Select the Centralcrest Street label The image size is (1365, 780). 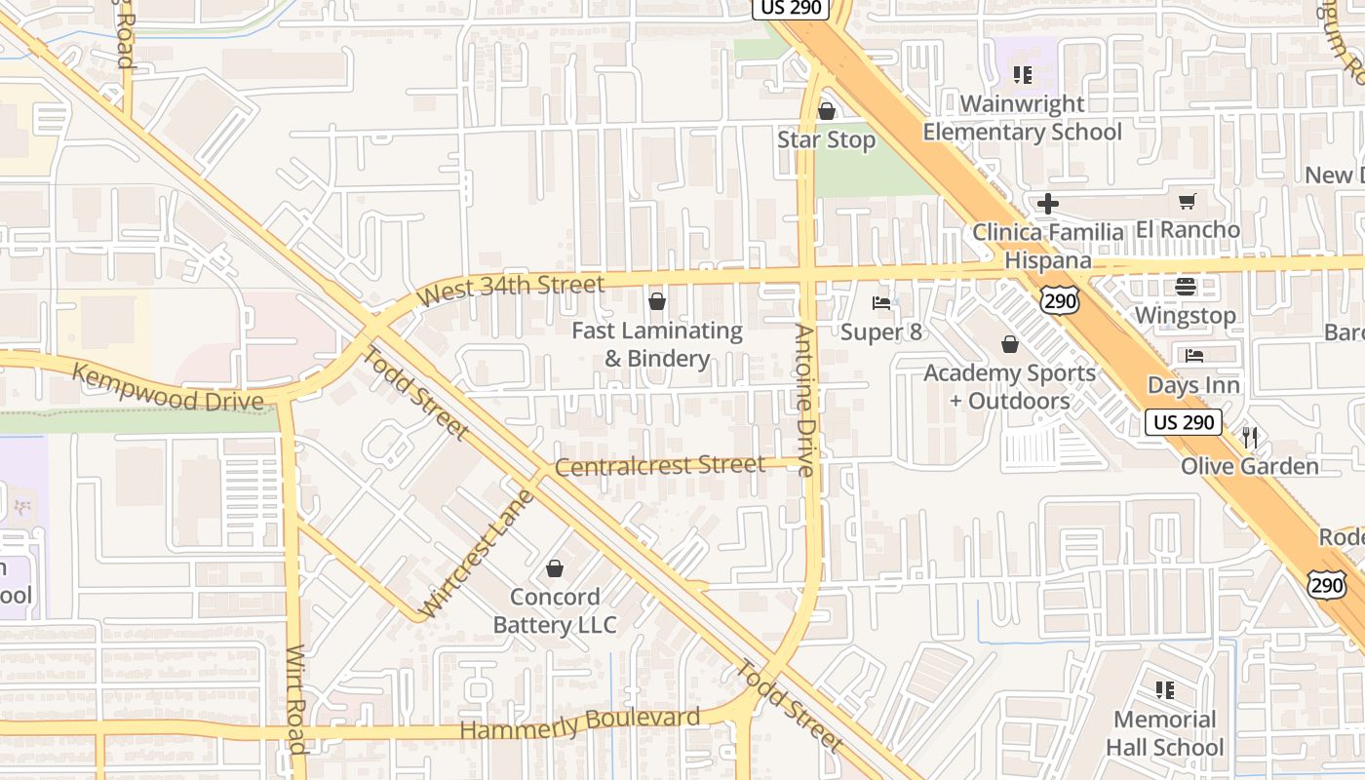[660, 466]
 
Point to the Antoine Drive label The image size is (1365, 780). [804, 400]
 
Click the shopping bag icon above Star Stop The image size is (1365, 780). [827, 111]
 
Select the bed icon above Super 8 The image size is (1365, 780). [881, 303]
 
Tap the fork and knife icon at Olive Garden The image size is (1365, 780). [1250, 438]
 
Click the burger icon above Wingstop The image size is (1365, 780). [1186, 287]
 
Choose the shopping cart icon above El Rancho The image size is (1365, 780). [1187, 202]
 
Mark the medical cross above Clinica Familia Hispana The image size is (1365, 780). [1048, 204]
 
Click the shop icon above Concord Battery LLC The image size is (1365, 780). [555, 567]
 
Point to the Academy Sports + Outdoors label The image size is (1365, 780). [1009, 387]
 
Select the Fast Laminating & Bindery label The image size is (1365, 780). [657, 344]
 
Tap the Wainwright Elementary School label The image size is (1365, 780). [1022, 118]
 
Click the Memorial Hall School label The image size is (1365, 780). [1164, 733]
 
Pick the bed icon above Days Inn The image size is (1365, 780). [1194, 356]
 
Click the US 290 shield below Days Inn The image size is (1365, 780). [1183, 422]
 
